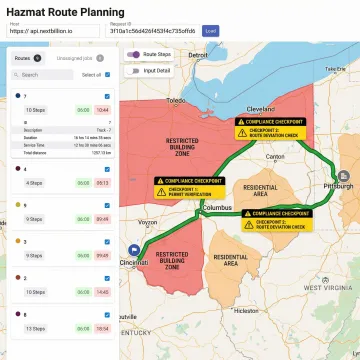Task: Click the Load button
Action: point(211,31)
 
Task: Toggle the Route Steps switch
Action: point(133,55)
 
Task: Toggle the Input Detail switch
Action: point(133,70)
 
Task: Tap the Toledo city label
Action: point(177,100)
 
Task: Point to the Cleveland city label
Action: point(262,108)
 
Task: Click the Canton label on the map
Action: point(275,156)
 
